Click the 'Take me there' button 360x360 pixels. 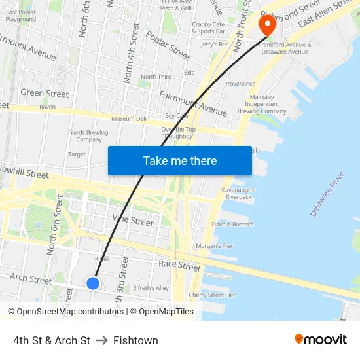coord(179,160)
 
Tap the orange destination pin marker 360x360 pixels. coord(268,26)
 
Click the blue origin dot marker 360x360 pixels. coord(93,283)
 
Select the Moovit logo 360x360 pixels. coord(320,340)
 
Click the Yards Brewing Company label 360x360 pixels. coord(89,135)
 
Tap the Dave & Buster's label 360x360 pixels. coord(232,225)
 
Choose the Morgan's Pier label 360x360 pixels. coord(214,246)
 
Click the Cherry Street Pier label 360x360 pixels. coord(212,295)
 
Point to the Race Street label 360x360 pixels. coord(179,266)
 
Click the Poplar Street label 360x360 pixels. coord(168,45)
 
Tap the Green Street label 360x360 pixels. coord(45,94)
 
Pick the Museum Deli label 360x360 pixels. coord(128,119)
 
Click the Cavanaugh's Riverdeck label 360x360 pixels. coord(238,193)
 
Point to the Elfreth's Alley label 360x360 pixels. coord(151,288)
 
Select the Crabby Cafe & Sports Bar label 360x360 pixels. coord(209,27)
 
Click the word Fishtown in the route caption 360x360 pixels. coord(135,340)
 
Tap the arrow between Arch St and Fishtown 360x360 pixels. coord(101,340)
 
